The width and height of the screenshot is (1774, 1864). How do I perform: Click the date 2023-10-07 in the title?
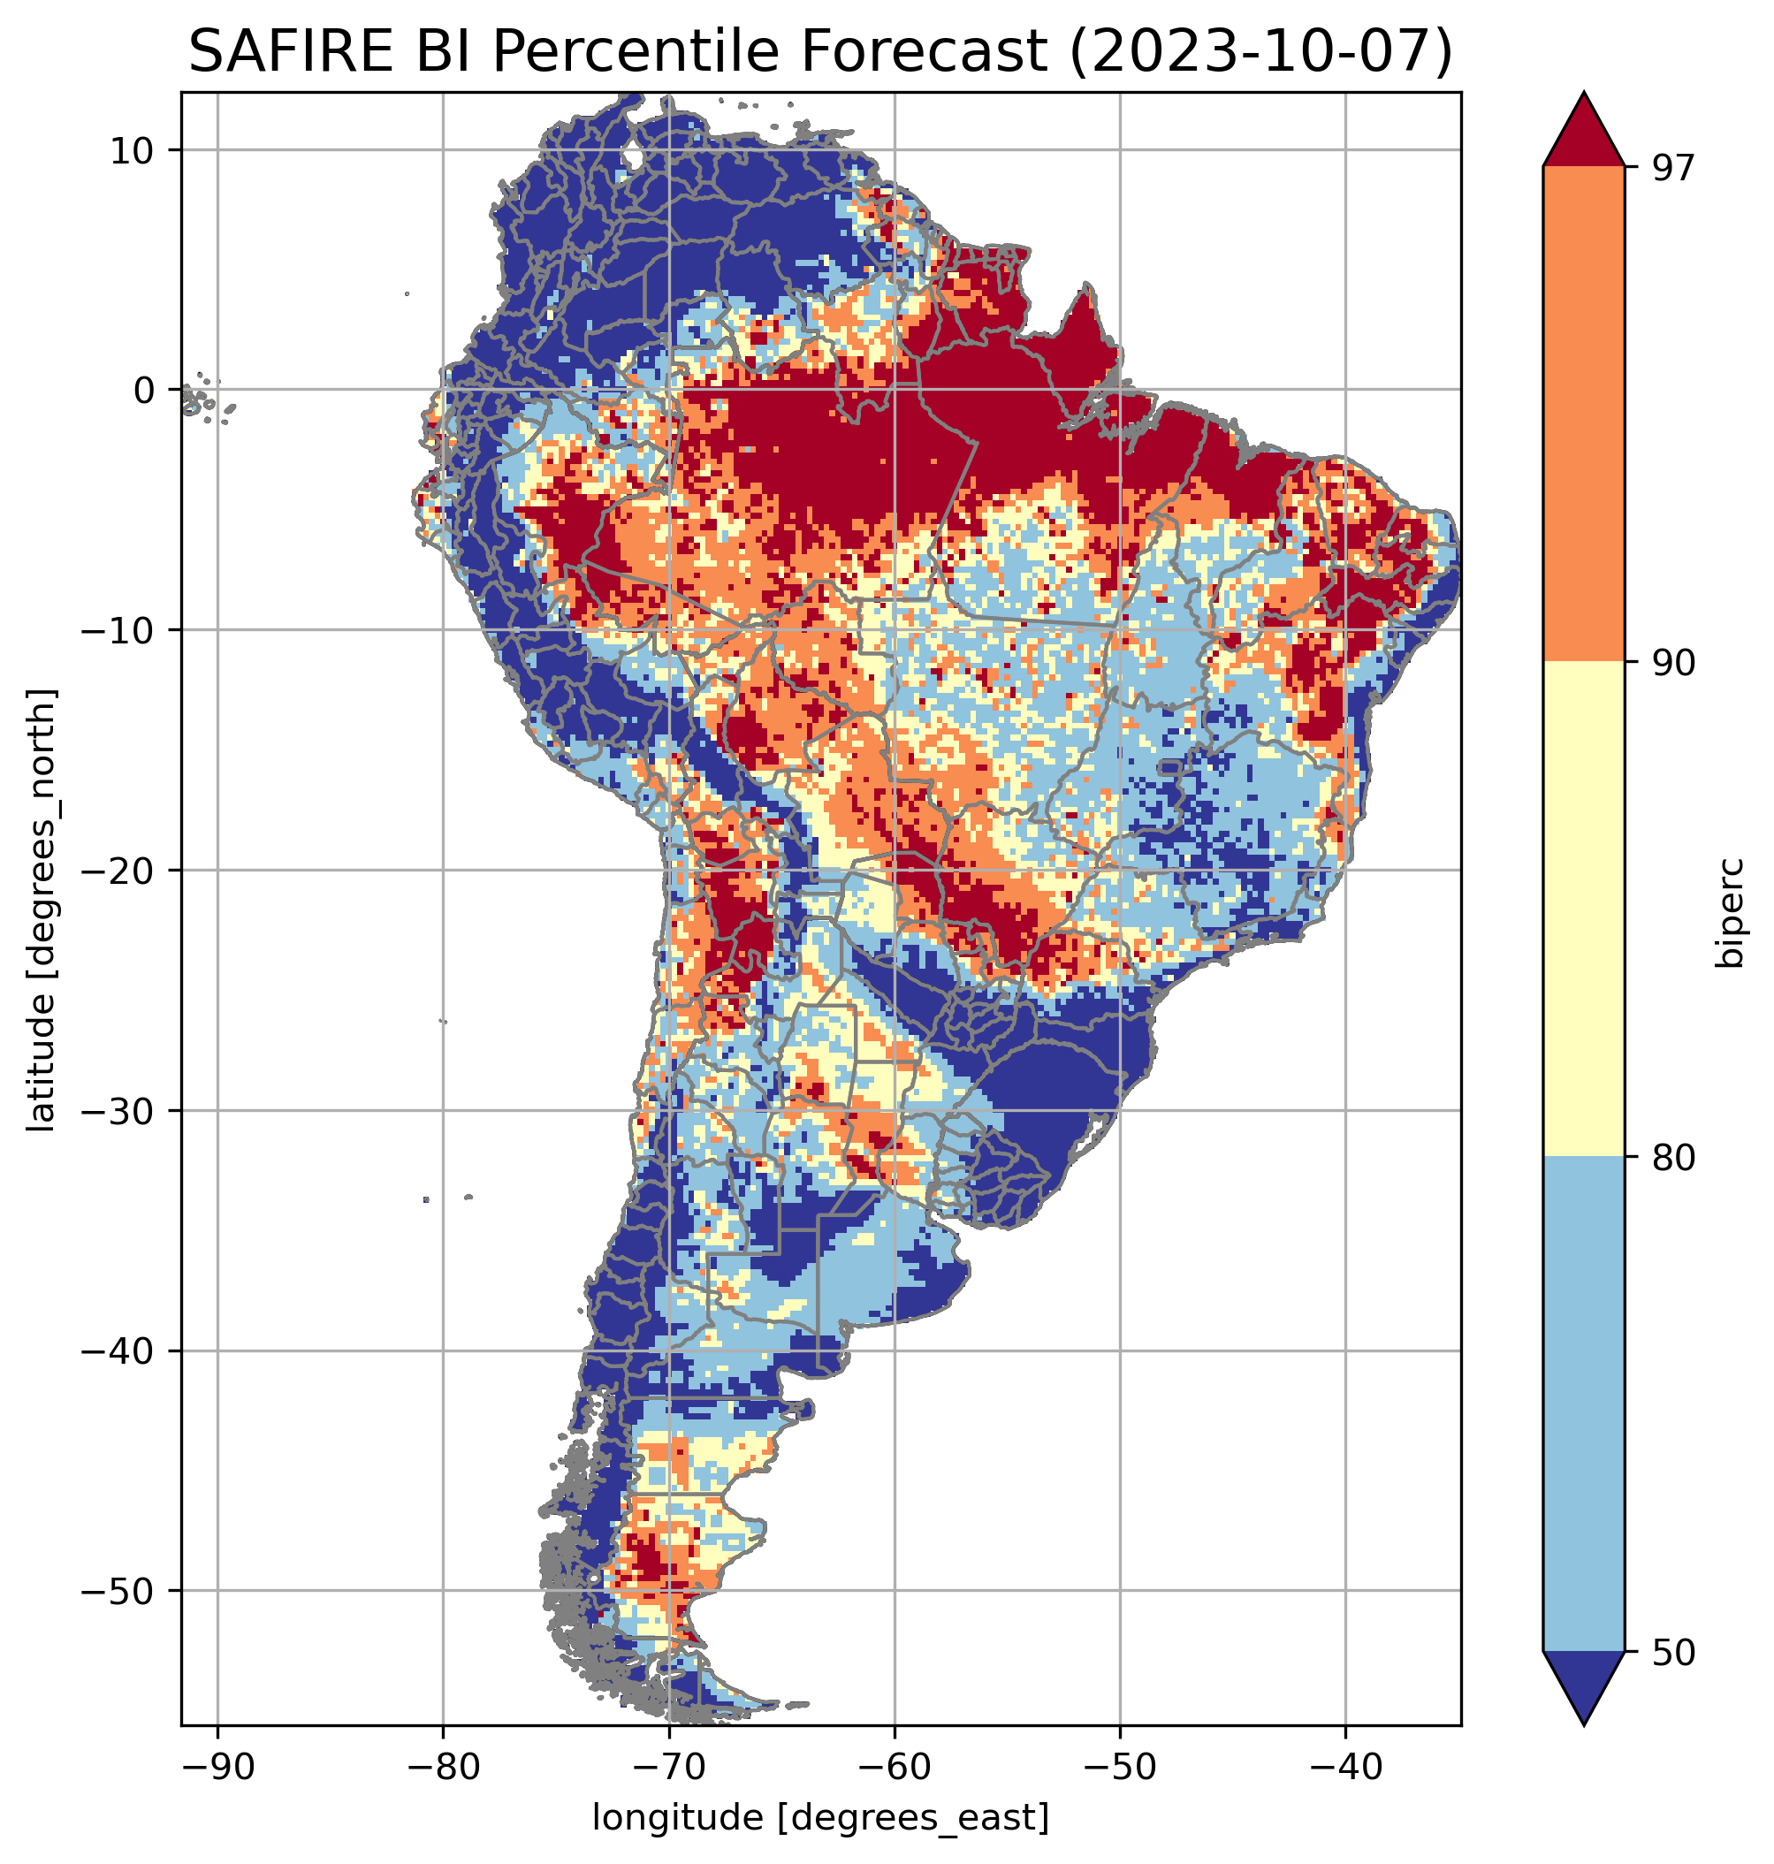[1260, 52]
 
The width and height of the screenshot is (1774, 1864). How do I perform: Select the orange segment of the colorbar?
[1583, 415]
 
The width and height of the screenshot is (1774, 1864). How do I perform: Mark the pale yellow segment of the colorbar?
[1583, 908]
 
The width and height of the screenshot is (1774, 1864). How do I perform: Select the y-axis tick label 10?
[132, 150]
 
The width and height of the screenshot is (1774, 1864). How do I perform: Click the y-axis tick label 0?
[144, 390]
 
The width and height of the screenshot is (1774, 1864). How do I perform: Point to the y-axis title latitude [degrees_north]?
[42, 909]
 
